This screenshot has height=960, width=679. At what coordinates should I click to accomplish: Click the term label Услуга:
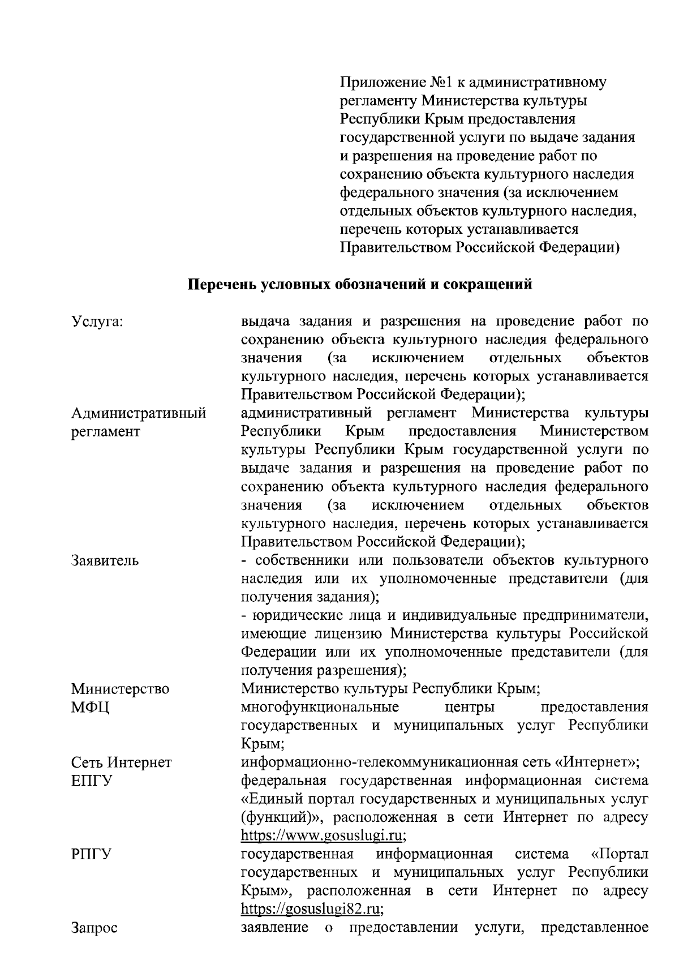tap(97, 322)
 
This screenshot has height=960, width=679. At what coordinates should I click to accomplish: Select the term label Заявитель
tap(105, 560)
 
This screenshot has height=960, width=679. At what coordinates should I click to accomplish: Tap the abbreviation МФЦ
tap(91, 708)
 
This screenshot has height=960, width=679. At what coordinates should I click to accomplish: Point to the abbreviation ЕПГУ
tap(92, 781)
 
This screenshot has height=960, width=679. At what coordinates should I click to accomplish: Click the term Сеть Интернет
tap(121, 762)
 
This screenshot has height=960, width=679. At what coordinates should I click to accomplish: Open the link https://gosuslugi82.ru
tap(312, 909)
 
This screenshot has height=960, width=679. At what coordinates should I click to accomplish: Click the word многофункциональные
tap(320, 707)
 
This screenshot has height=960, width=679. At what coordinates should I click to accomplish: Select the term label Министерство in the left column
tap(120, 689)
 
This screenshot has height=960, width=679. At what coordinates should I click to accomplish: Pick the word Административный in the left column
tap(139, 413)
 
